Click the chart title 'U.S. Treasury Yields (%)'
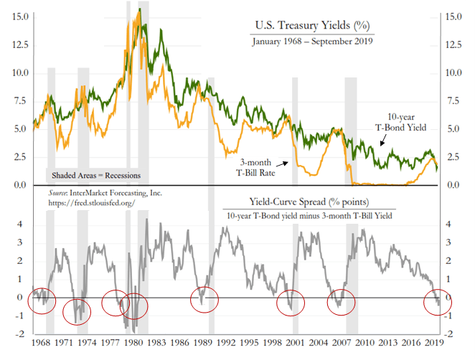[313, 27]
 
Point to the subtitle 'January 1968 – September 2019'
[312, 42]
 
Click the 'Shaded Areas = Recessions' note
[95, 175]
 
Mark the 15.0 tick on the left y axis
[20, 16]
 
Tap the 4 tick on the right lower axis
[448, 224]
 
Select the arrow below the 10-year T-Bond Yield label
[382, 142]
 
